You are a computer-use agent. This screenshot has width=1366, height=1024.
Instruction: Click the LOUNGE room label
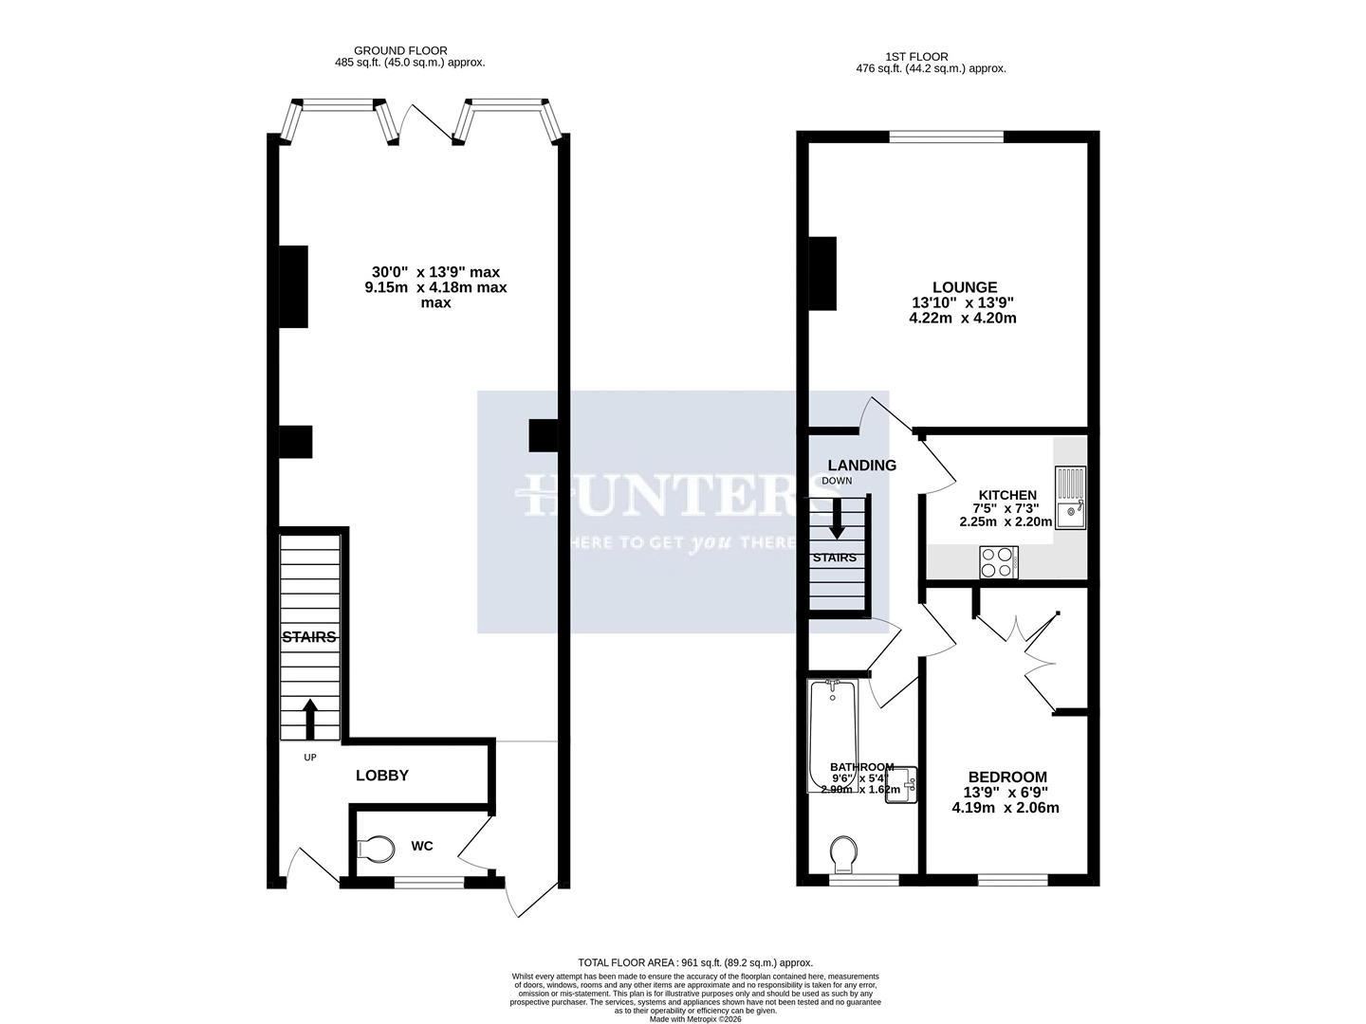coord(964,287)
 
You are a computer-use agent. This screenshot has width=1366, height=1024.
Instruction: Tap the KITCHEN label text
coord(1007,495)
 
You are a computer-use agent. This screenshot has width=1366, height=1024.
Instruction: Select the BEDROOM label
coord(1006,776)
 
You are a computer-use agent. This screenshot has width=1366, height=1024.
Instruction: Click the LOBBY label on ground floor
coord(381,775)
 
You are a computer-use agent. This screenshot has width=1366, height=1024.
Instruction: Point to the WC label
coord(422,845)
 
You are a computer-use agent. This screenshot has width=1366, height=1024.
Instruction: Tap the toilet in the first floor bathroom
coord(840,854)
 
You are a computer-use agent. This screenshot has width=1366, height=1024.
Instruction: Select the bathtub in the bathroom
coord(832,735)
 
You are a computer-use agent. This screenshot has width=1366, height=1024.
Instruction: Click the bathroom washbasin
coord(901,784)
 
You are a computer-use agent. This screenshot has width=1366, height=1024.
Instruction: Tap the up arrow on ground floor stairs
coord(309,720)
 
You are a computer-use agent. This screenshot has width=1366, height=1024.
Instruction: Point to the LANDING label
coord(861,466)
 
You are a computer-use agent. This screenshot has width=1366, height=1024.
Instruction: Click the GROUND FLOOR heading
coord(400,51)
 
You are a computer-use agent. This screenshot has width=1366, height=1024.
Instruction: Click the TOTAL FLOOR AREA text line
coord(695,961)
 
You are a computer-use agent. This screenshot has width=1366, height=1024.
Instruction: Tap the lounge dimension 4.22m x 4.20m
coord(962,319)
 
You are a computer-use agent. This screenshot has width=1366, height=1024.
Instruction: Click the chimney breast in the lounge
coord(822,273)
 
